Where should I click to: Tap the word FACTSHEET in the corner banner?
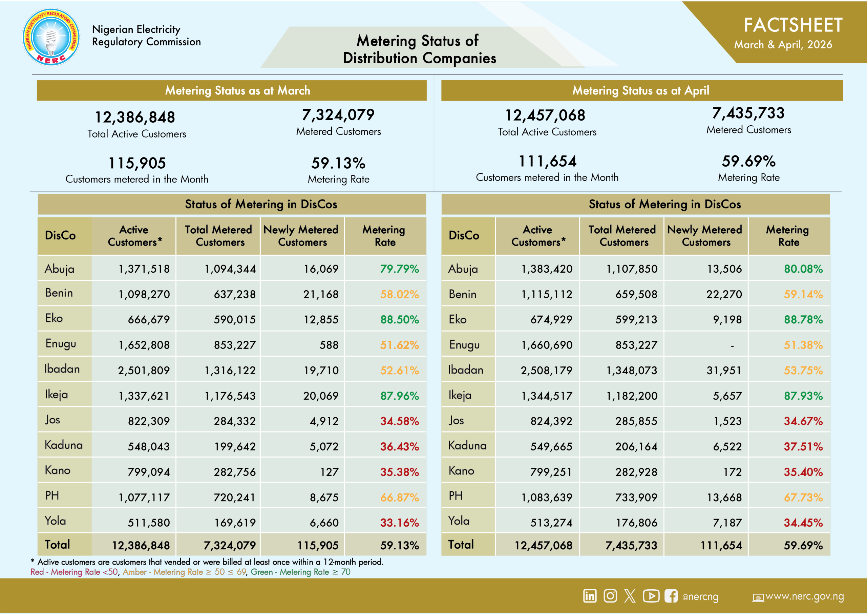coord(793,25)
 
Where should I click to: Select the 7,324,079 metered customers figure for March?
coord(338,114)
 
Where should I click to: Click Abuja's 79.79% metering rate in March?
coord(399,269)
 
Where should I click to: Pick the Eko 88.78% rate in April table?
coord(803,319)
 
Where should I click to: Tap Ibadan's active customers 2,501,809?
coord(144,370)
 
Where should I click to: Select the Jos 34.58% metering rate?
coord(399,421)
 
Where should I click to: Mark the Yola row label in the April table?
coord(458,521)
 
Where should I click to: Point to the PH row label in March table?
coord(52,495)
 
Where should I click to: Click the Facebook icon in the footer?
coord(671,596)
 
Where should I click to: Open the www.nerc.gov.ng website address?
coord(805,596)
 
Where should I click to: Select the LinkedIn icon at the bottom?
coord(590,596)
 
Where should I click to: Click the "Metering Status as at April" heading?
coord(640,91)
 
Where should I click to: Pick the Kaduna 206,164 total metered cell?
coord(636,446)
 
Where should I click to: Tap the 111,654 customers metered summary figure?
coord(547,162)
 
